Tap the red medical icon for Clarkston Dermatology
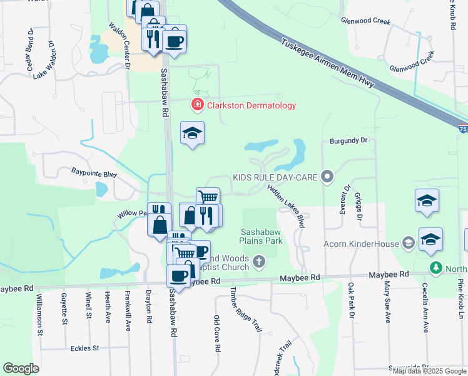(197, 105)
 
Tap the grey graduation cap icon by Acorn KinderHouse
(409, 243)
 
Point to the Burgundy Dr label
(348, 142)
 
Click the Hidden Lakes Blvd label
(288, 204)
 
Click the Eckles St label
(85, 348)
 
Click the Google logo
(21, 368)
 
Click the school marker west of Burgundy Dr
(193, 133)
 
